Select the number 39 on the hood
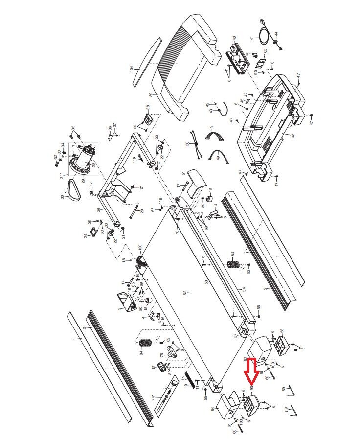click(x=151, y=94)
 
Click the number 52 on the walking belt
click(x=185, y=293)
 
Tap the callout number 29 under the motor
click(x=83, y=181)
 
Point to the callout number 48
click(x=293, y=136)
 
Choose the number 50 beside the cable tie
click(x=187, y=143)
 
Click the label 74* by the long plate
click(x=153, y=398)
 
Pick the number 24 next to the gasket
click(x=86, y=235)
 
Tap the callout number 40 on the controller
click(x=234, y=38)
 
